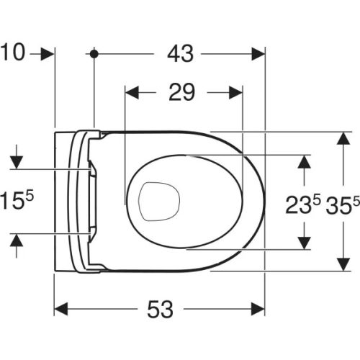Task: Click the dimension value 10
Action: [14, 53]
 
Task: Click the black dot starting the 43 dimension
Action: [94, 53]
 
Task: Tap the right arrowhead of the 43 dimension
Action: [258, 53]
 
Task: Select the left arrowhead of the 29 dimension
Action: [132, 92]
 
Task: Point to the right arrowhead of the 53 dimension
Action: [258, 309]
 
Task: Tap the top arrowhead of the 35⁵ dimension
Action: [340, 139]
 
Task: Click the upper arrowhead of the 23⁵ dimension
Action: [306, 161]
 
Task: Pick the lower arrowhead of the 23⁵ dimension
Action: [306, 243]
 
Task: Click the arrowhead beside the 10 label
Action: [48, 53]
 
